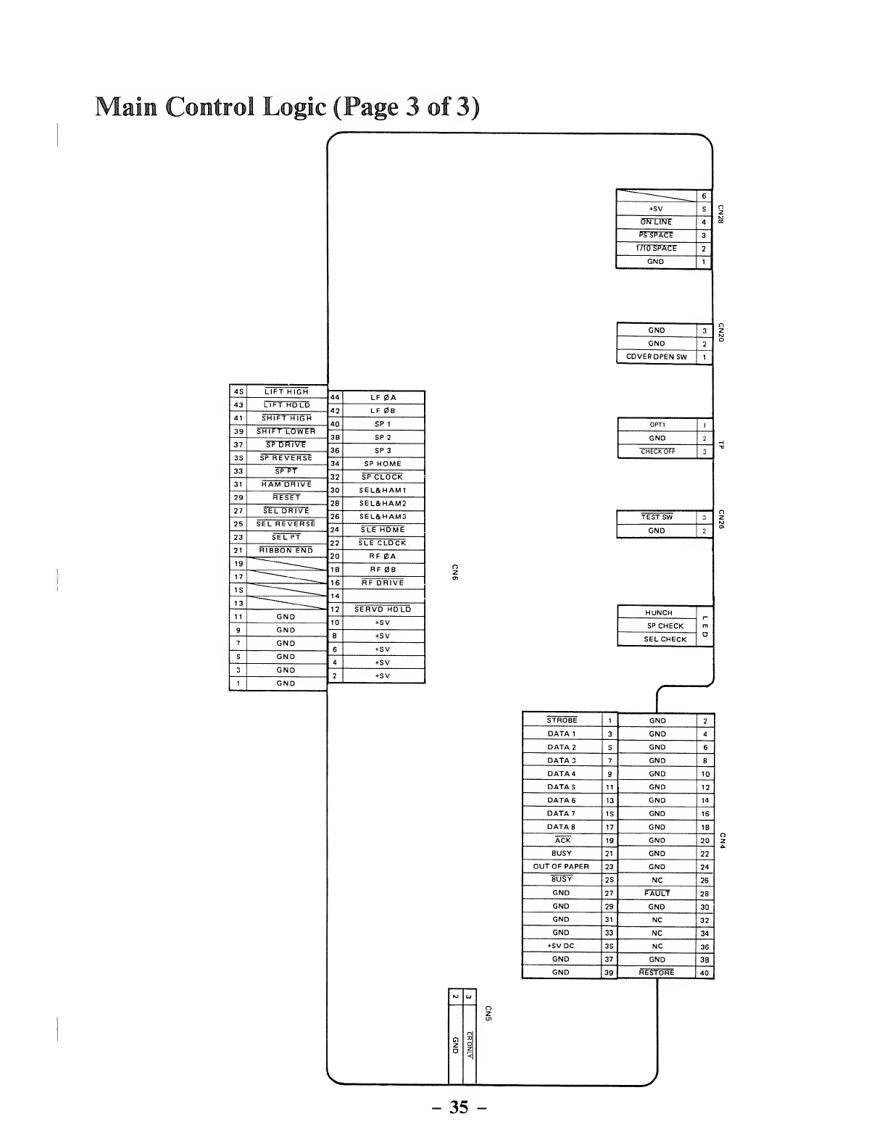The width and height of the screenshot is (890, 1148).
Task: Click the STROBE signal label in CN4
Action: tap(562, 720)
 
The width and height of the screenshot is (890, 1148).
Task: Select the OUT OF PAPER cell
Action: tap(561, 867)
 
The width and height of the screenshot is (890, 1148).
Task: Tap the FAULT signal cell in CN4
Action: tap(657, 894)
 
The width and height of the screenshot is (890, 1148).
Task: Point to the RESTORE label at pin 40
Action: tap(657, 973)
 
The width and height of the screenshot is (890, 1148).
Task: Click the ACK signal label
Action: tap(562, 841)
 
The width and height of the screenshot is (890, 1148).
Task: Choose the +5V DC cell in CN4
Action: tap(561, 947)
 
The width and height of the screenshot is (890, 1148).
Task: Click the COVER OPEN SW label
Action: tap(656, 357)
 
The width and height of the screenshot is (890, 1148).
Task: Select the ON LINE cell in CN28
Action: tap(656, 222)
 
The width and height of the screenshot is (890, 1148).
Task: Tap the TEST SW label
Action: tap(657, 517)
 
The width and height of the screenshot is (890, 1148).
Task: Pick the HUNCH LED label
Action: tap(658, 613)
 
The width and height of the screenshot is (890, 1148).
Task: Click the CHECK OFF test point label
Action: tap(657, 452)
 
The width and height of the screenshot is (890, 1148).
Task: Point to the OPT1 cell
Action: tap(657, 425)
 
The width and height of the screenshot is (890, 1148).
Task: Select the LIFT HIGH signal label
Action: tap(286, 391)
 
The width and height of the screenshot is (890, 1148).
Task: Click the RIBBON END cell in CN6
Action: tap(286, 551)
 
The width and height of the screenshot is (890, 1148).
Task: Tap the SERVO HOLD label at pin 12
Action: tap(383, 610)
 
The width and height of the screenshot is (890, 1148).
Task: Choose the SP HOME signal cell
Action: tap(383, 464)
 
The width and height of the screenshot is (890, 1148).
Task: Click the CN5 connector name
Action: tap(488, 1014)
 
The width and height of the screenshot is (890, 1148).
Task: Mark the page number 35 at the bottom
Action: tap(458, 1107)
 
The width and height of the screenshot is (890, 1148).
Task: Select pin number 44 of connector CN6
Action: tap(335, 398)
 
